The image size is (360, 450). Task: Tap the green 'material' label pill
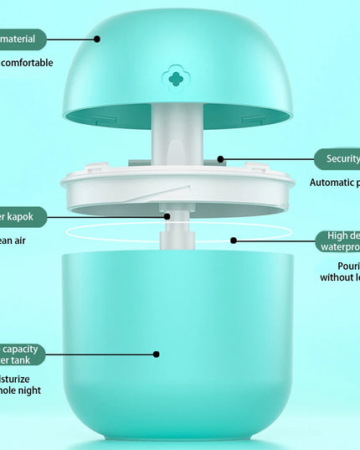[x=23, y=39]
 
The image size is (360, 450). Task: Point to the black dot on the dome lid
[x=97, y=39]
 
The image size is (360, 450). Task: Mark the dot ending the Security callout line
[x=221, y=158]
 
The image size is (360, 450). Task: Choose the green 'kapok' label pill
[x=22, y=216]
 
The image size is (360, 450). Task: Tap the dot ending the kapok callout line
[x=167, y=216]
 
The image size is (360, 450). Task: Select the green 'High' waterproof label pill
[x=338, y=241]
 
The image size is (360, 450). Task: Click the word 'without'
[x=338, y=277]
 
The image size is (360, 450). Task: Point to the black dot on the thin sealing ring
[x=234, y=241]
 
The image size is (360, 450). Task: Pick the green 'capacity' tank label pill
[x=22, y=354]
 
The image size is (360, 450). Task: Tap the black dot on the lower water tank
[x=157, y=354]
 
